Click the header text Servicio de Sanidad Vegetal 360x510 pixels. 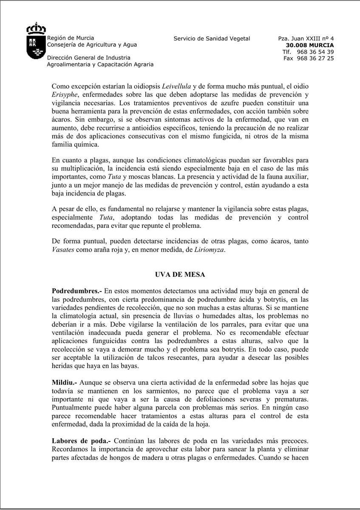pyautogui.click(x=212, y=39)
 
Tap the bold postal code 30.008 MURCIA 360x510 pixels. pyautogui.click(x=309, y=45)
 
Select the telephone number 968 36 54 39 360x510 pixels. pyautogui.click(x=315, y=52)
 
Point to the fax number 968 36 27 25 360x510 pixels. pyautogui.click(x=315, y=58)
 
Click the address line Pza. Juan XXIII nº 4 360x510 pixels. pyautogui.click(x=306, y=39)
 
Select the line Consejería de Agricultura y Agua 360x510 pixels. pyautogui.click(x=92, y=45)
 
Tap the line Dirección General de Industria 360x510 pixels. pyautogui.click(x=88, y=58)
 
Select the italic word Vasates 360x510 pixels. pyautogui.click(x=63, y=249)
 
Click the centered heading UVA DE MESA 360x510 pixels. pyautogui.click(x=180, y=275)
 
